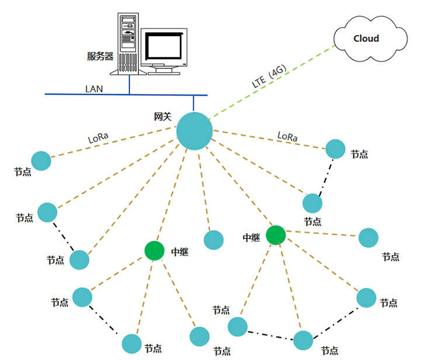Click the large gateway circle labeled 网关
(x=194, y=131)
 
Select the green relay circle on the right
(x=276, y=235)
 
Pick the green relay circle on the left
(x=155, y=251)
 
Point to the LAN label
(x=94, y=89)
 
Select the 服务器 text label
(x=100, y=56)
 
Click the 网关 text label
(x=162, y=117)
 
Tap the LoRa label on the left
(x=98, y=139)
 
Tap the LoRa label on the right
(x=287, y=137)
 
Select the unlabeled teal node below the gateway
(x=214, y=240)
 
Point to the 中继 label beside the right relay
(x=252, y=238)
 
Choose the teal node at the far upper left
(x=41, y=161)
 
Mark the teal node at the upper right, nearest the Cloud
(x=335, y=148)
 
